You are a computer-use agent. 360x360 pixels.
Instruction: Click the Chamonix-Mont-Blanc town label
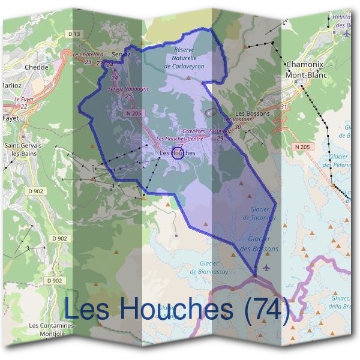(x=307, y=70)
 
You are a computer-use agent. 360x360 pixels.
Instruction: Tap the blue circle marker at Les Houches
(x=177, y=153)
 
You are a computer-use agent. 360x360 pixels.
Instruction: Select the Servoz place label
(x=121, y=53)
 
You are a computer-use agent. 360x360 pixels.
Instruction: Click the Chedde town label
(x=37, y=67)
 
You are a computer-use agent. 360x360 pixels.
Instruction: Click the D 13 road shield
(x=74, y=35)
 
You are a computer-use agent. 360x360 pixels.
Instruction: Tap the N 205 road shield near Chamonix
(x=302, y=146)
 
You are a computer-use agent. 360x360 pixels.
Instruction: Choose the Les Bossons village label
(x=252, y=113)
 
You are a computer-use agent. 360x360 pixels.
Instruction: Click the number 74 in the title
(x=263, y=308)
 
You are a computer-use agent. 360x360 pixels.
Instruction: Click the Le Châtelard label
(x=85, y=54)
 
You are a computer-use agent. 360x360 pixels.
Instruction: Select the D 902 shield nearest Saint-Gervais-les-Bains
(x=37, y=191)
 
